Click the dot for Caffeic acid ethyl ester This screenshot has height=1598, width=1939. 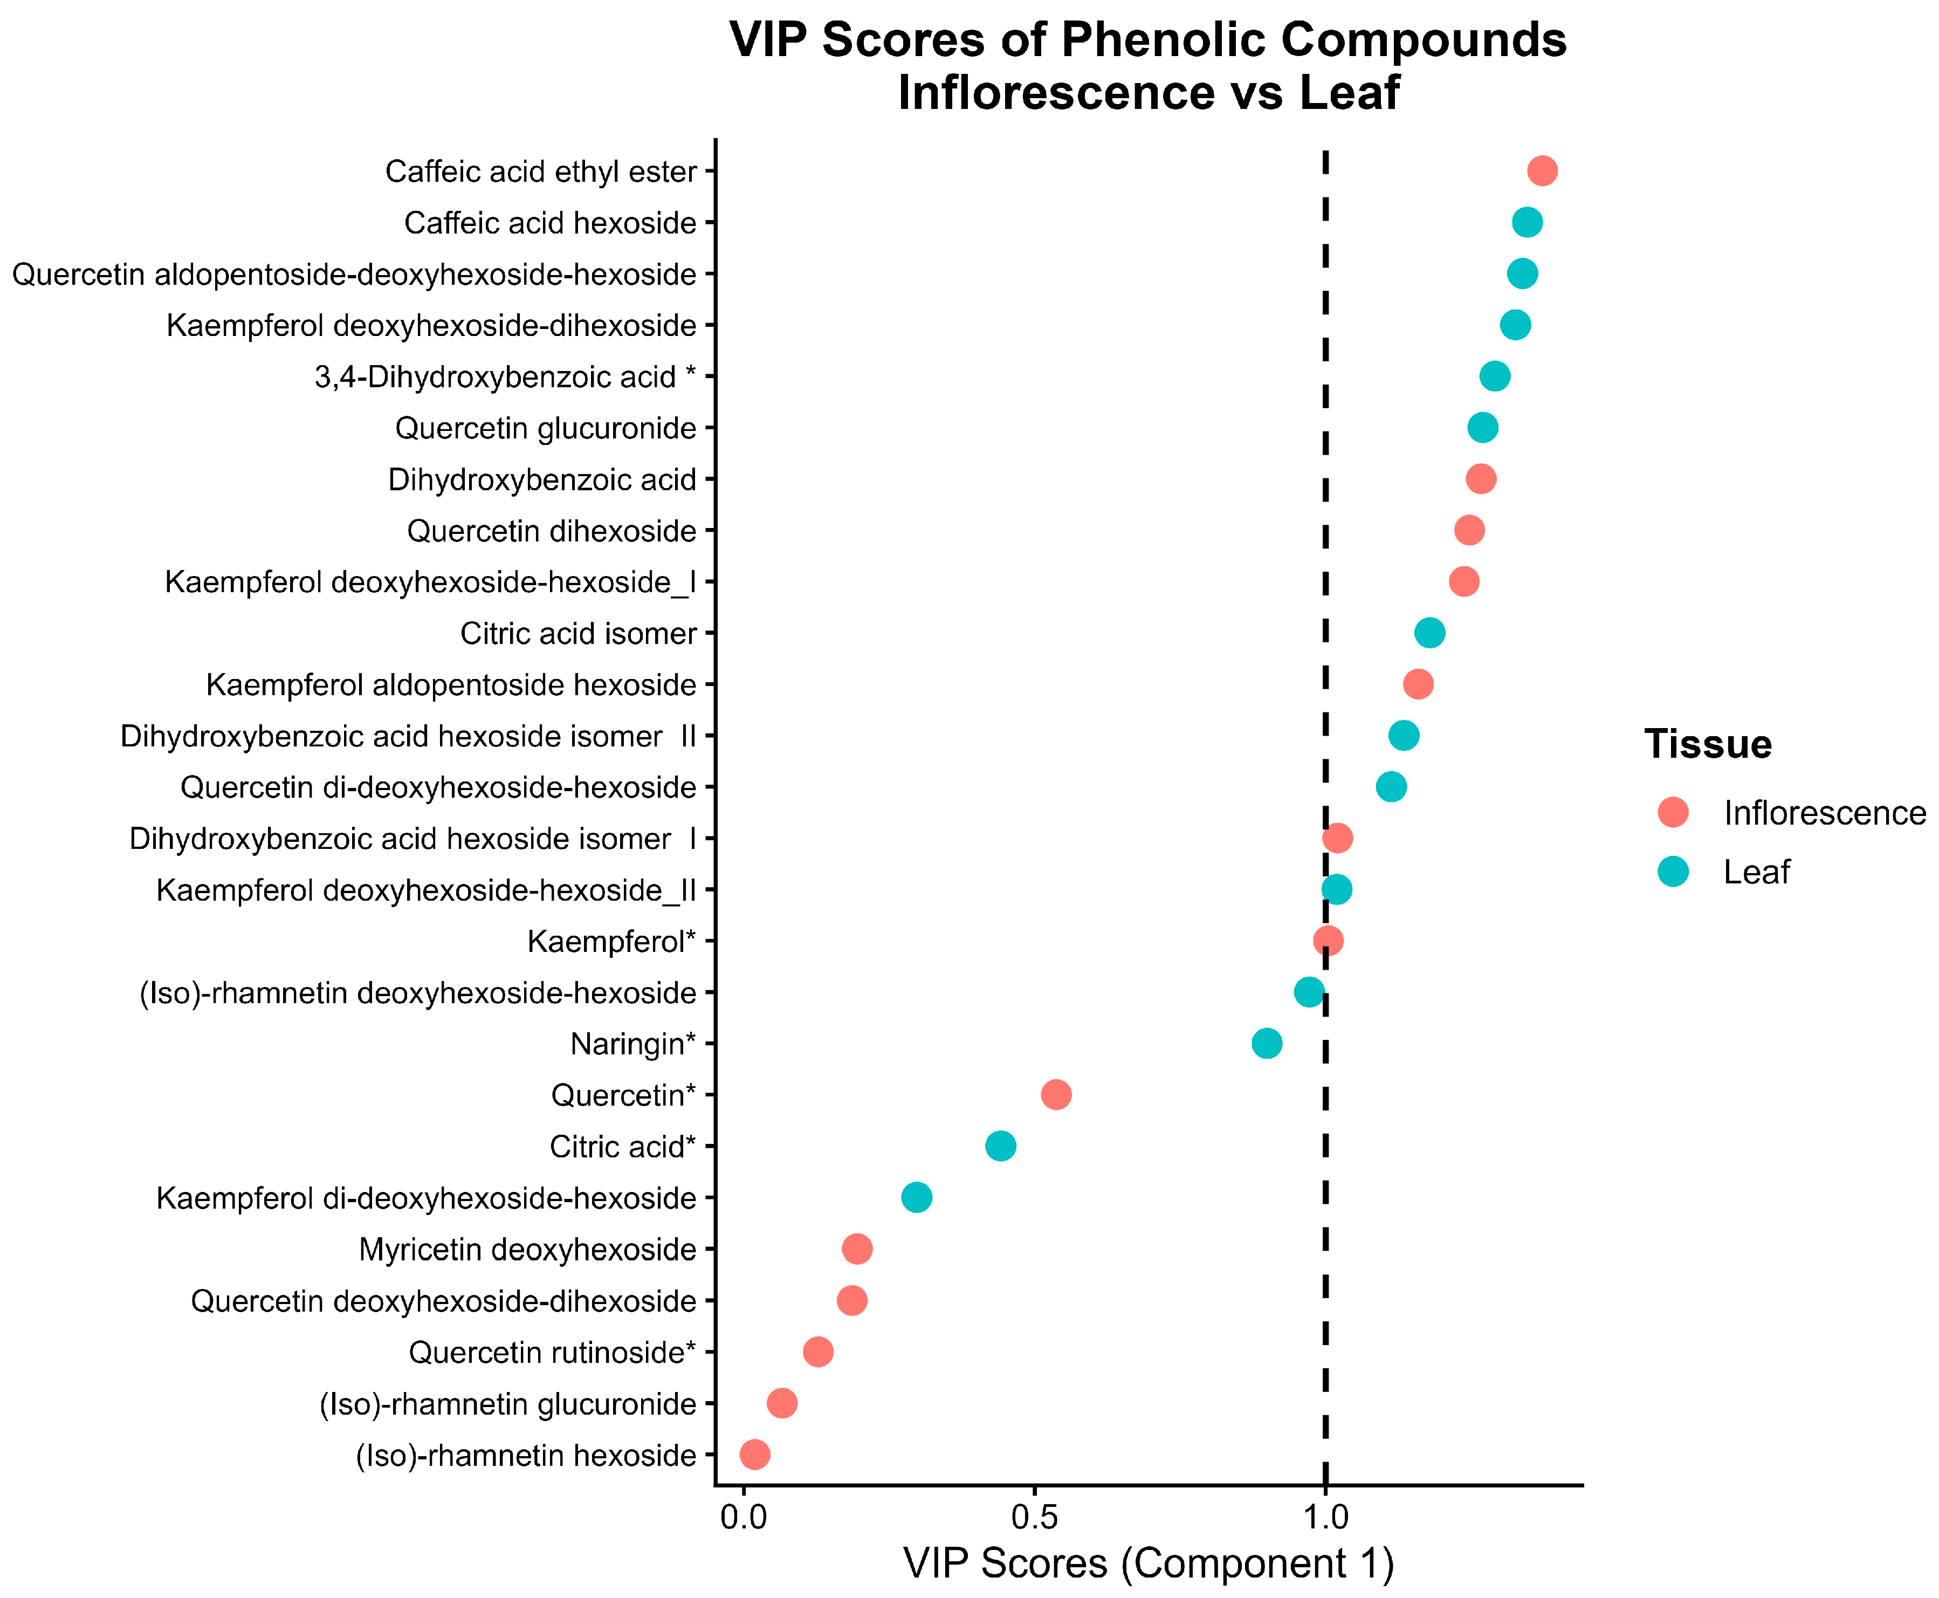(x=1542, y=171)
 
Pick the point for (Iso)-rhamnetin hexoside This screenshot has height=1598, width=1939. (x=754, y=1455)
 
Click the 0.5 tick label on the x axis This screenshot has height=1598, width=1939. (x=1034, y=1517)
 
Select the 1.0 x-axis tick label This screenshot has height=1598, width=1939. (x=1325, y=1517)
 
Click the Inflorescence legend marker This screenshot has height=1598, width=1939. (x=1673, y=812)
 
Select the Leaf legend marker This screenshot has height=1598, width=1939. (x=1673, y=871)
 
